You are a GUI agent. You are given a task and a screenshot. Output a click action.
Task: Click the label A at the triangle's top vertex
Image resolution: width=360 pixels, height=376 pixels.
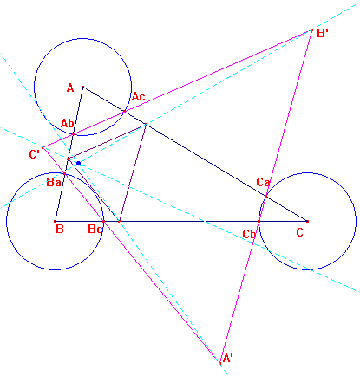pos(70,88)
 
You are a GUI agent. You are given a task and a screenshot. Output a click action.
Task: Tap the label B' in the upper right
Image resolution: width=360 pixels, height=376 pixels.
pos(323,33)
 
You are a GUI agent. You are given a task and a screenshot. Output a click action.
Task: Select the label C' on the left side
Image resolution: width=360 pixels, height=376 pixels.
pos(35,154)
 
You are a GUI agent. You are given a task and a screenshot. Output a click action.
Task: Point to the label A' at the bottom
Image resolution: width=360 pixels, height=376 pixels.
pos(228,359)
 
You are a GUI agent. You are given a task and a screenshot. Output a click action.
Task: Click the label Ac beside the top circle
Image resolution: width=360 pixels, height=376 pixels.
pos(138,96)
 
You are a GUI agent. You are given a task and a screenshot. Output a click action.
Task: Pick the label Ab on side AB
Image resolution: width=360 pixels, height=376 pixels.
pos(67,124)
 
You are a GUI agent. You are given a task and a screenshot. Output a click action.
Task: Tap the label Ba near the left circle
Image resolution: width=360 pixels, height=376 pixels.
pos(54,183)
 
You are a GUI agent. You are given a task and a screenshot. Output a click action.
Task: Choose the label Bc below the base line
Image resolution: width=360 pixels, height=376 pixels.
pos(95,230)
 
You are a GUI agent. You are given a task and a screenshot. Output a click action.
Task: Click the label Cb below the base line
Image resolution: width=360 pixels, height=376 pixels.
pos(249,234)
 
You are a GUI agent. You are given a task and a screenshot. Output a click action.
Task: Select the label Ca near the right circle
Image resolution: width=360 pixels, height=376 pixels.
pos(263,182)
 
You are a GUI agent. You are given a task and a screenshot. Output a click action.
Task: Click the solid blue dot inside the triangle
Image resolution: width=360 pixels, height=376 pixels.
pos(78,164)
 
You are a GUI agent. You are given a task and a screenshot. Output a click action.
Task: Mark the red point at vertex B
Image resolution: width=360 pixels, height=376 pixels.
pos(55,221)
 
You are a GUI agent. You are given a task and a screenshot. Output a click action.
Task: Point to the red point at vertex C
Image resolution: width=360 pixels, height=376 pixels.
pos(307,221)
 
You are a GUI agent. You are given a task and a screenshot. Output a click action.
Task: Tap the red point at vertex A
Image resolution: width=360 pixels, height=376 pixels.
pos(82,87)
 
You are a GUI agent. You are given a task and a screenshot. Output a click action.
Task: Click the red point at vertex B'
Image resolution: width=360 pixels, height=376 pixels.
pos(311,29)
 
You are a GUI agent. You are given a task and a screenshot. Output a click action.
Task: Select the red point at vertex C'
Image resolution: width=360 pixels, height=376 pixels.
pos(43,148)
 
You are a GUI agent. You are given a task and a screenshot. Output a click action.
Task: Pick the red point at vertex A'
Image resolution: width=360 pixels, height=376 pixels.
pos(219,363)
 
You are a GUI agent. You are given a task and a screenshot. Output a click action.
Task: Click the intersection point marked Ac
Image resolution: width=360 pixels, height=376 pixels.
pos(125,111)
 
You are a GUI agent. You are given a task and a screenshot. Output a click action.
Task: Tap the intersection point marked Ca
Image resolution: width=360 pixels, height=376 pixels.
pos(265,197)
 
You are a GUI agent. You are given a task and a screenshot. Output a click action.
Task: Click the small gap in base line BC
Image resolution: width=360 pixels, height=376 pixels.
pos(205,221)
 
